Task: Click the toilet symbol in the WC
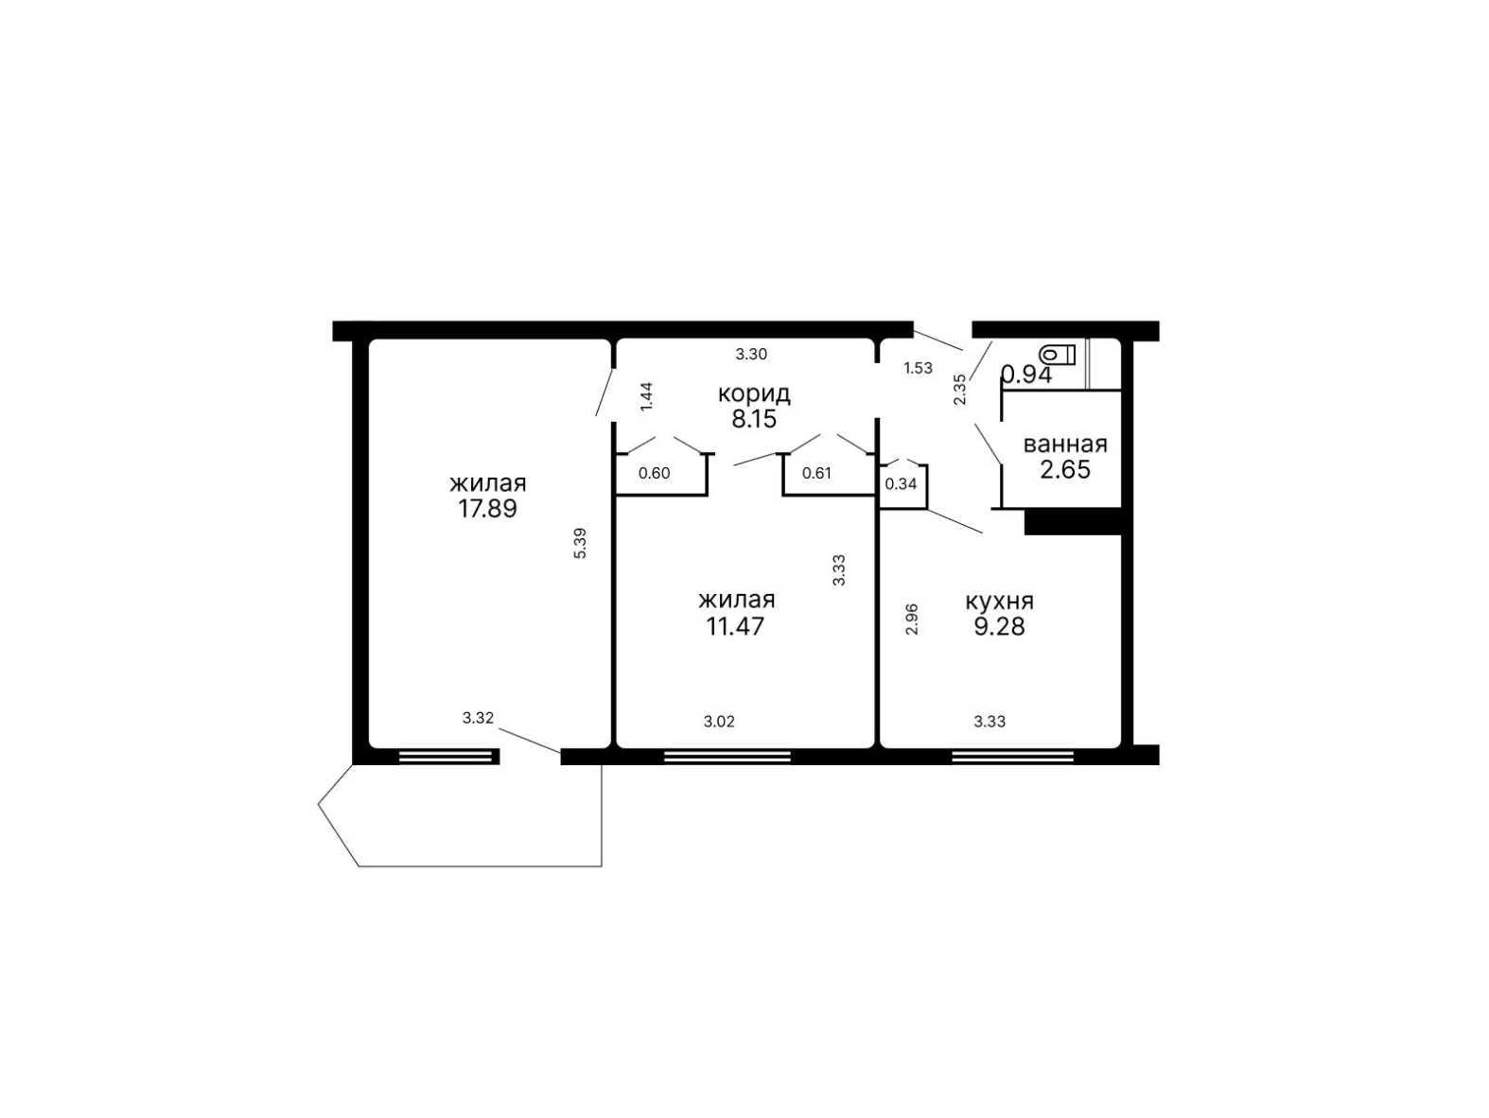point(1057,355)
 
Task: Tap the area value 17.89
point(487,509)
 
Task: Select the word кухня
point(999,601)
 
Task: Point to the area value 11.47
point(735,626)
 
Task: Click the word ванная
point(1065,445)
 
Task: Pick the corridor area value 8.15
point(754,418)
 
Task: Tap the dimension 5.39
point(580,543)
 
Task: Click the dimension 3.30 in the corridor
point(751,354)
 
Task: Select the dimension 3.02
point(719,722)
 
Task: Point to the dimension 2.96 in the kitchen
point(912,619)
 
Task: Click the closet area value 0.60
point(654,473)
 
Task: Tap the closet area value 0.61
point(816,473)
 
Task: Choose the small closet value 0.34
point(901,484)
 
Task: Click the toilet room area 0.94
point(1027,375)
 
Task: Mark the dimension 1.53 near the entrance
point(918,368)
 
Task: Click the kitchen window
point(1013,756)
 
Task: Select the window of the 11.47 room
point(727,756)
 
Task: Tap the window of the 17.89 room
point(445,756)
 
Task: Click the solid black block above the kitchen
point(1072,521)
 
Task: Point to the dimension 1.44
point(646,396)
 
